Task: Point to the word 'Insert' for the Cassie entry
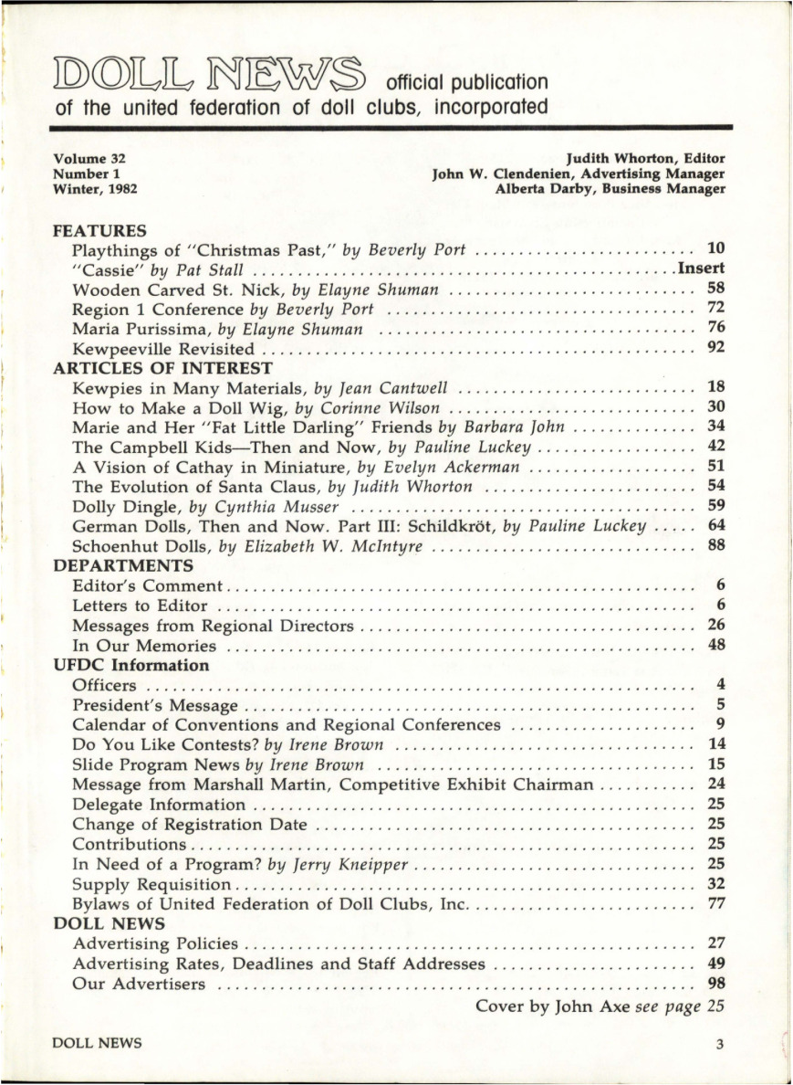point(700,269)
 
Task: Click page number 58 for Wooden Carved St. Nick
point(715,290)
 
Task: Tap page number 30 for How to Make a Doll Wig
point(715,408)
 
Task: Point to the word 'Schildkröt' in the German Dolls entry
point(451,526)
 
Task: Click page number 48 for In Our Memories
point(715,646)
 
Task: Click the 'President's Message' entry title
point(155,705)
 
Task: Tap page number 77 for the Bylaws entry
point(715,904)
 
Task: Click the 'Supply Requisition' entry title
point(151,885)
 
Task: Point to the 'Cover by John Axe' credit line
point(589,1006)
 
